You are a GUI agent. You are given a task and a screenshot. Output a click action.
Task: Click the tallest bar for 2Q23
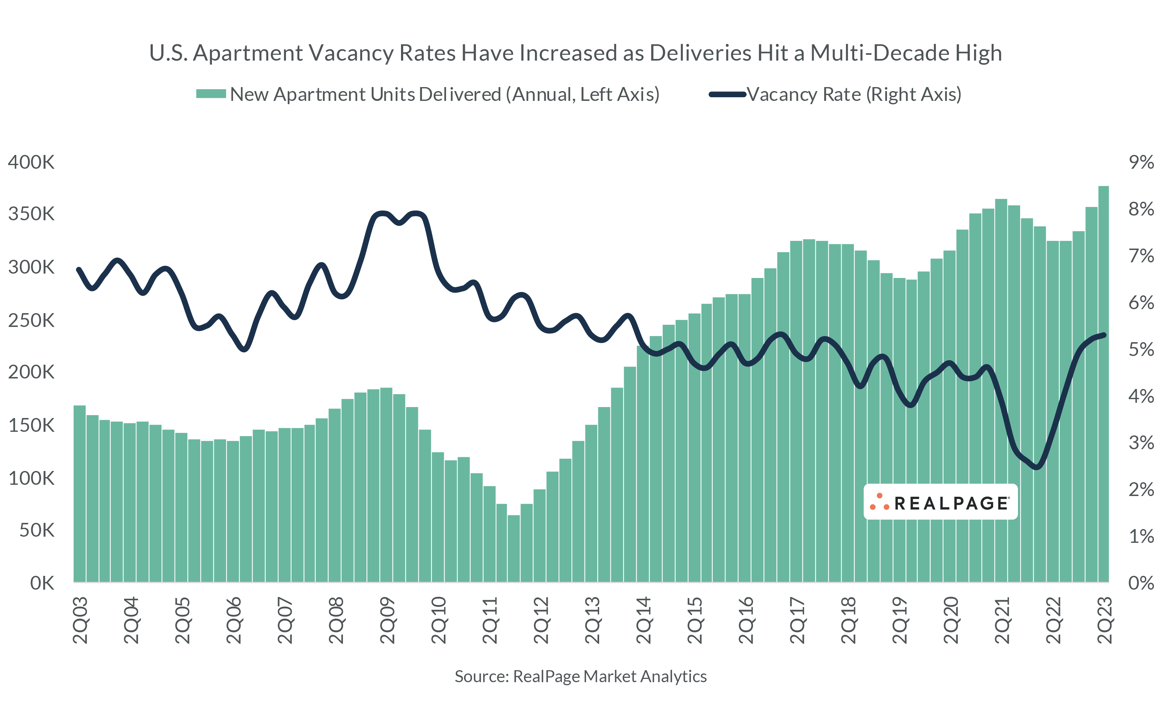tap(1103, 381)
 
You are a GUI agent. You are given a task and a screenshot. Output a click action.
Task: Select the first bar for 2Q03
tap(79, 493)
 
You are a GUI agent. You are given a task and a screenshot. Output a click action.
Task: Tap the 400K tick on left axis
tap(31, 163)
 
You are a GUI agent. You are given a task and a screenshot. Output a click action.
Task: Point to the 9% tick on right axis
tap(1141, 163)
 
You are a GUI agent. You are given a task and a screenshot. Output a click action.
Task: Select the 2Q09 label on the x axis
tap(387, 620)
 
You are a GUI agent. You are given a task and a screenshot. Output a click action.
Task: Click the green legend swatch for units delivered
tap(211, 94)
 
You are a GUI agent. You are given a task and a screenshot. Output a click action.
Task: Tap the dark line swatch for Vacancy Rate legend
tap(727, 94)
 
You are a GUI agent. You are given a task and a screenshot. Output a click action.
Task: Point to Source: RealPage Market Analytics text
tap(580, 676)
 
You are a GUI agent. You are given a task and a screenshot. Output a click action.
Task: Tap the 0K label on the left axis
tap(42, 583)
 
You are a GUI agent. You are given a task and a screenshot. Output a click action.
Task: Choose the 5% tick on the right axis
tap(1141, 349)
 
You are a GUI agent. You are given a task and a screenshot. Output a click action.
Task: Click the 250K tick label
tap(31, 320)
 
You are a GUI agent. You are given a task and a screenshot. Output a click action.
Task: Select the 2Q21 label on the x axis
tap(1002, 620)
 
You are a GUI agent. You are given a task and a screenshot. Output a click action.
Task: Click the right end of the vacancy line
tap(1104, 335)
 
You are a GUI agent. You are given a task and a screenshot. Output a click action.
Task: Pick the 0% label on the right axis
tap(1141, 583)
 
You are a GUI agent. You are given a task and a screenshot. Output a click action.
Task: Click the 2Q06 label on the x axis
tap(234, 620)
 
